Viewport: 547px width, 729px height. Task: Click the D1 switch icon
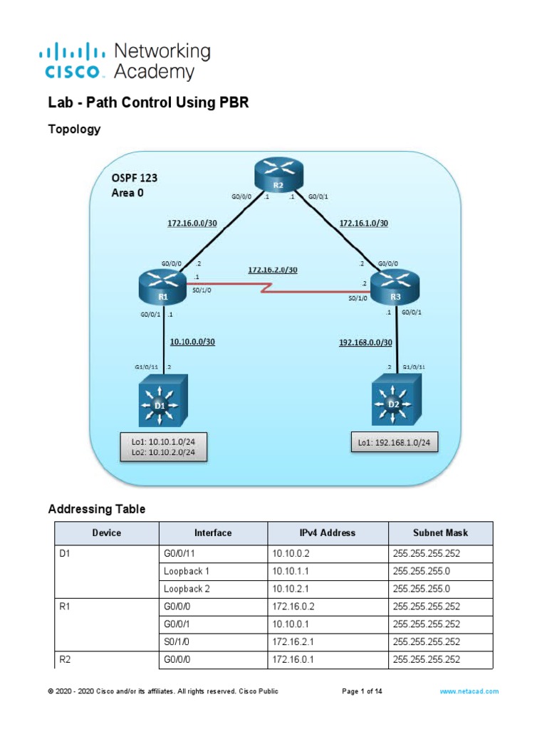tap(164, 403)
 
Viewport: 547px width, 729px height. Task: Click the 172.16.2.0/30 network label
tap(273, 270)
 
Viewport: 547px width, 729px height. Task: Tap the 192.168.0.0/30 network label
tap(365, 342)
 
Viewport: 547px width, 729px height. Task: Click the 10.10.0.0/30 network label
tap(192, 342)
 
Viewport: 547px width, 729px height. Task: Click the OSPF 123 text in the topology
tap(135, 177)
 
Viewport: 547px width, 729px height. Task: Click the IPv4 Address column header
tap(328, 533)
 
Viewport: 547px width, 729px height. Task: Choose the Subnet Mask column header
tap(439, 533)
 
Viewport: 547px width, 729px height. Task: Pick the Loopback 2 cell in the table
tap(187, 589)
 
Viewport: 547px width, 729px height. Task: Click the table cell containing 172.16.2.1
tap(291, 641)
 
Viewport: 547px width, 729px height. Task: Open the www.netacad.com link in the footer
tap(469, 691)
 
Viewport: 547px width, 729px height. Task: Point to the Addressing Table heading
tap(96, 509)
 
